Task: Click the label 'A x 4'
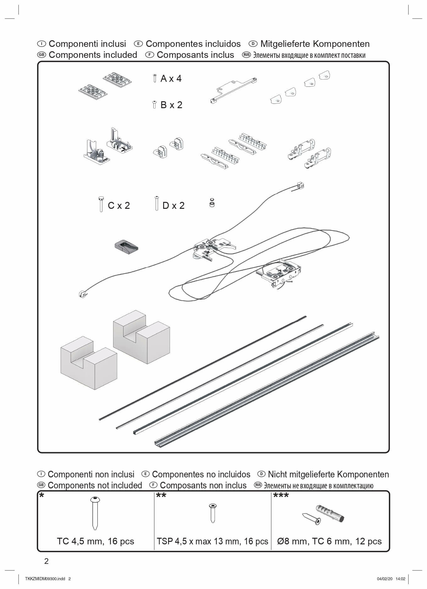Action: click(x=171, y=78)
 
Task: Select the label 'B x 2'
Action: click(x=171, y=105)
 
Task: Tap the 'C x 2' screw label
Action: click(x=119, y=205)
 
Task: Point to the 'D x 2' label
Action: click(x=173, y=205)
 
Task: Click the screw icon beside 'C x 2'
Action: click(x=101, y=204)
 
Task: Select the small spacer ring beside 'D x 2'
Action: click(x=212, y=203)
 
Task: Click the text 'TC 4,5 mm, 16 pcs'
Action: click(x=96, y=541)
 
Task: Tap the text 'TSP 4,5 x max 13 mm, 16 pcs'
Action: click(x=212, y=541)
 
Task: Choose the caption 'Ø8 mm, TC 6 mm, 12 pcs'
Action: click(x=329, y=541)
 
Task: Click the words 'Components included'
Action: click(x=93, y=55)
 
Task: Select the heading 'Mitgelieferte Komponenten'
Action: click(x=315, y=44)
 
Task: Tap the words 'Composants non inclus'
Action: click(x=203, y=485)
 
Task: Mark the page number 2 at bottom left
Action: click(x=47, y=561)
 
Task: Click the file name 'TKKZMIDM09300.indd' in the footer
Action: click(x=45, y=579)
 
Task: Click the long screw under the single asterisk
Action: click(x=95, y=513)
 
